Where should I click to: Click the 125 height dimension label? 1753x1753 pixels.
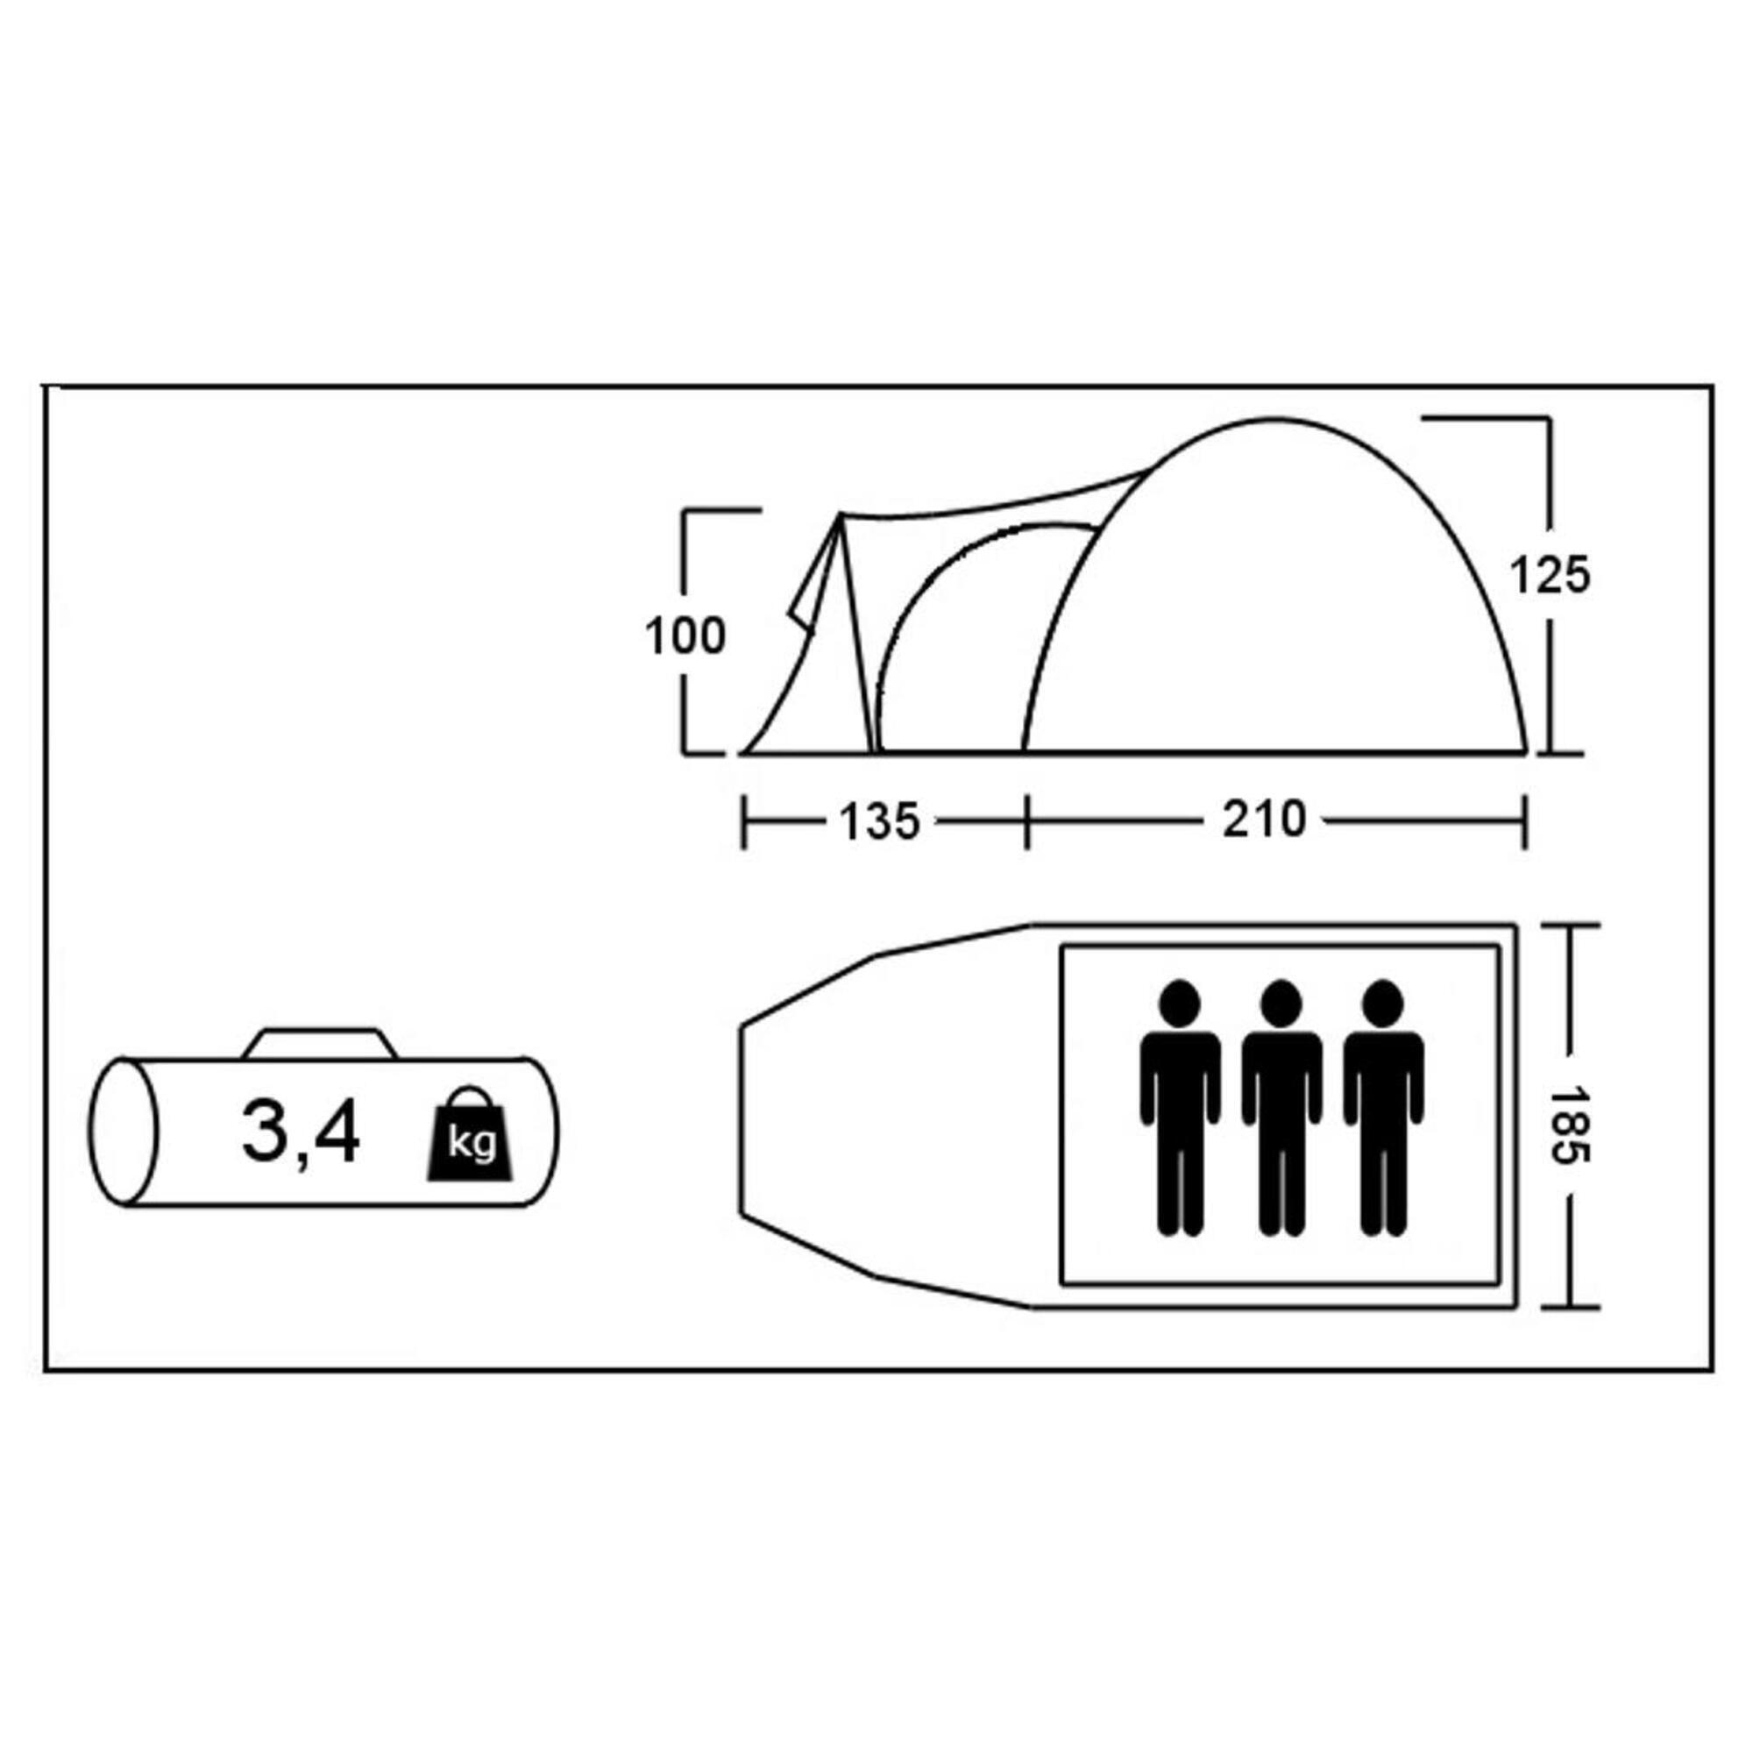(1550, 575)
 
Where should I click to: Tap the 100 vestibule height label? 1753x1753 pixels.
(685, 636)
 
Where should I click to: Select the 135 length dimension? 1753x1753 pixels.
(879, 822)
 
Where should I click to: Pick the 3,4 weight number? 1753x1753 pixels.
(301, 1134)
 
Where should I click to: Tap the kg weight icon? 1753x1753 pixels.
(471, 1135)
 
